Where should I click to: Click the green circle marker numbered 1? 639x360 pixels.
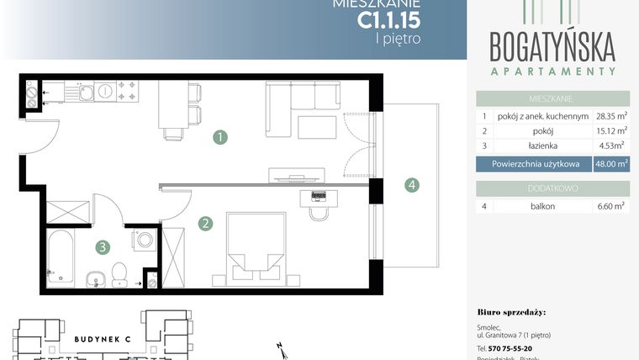[x=219, y=135]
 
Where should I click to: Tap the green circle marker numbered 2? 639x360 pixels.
[x=204, y=224]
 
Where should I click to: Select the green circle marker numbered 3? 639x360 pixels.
[x=102, y=246]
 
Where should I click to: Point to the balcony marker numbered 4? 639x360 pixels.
[x=410, y=185]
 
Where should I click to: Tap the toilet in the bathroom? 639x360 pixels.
[x=119, y=273]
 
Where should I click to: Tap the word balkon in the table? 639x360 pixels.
[x=542, y=206]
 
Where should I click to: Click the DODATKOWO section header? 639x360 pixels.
[x=552, y=188]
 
